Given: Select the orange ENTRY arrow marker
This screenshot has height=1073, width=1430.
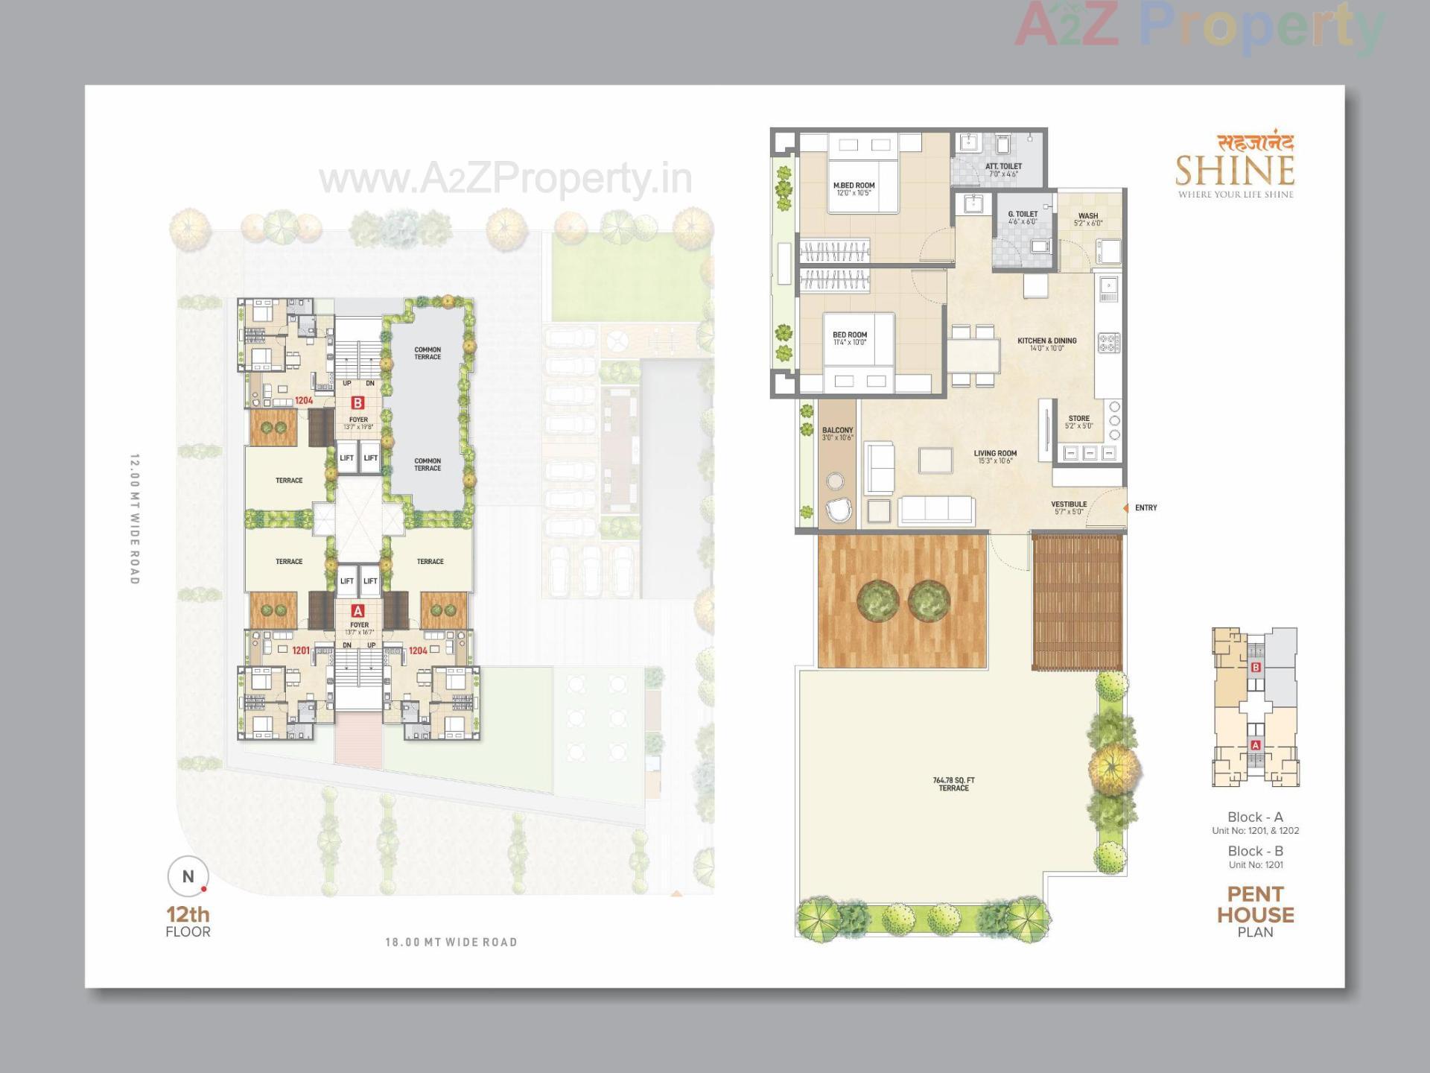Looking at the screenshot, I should click(1126, 508).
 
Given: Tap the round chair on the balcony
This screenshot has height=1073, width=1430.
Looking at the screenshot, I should click(839, 511).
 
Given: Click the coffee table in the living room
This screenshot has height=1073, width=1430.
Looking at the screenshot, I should click(935, 460).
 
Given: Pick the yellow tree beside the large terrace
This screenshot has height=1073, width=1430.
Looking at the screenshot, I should click(1113, 767).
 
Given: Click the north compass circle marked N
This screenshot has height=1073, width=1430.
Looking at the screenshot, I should click(188, 876).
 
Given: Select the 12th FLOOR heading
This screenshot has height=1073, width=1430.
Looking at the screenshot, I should click(188, 921).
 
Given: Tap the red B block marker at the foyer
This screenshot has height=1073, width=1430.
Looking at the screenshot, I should click(357, 403).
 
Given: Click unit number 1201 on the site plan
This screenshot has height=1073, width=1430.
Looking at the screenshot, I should click(300, 651).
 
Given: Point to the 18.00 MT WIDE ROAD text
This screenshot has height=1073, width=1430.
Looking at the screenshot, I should click(451, 943).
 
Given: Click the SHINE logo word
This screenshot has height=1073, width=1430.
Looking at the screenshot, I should click(1234, 171).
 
